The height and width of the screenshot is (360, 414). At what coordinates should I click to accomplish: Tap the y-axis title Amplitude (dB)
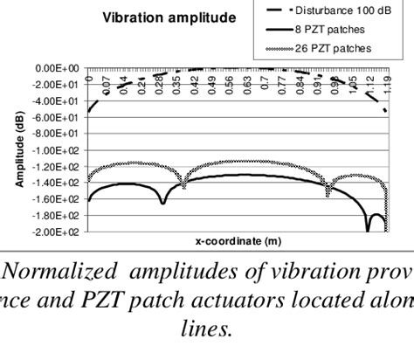[x=17, y=149]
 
